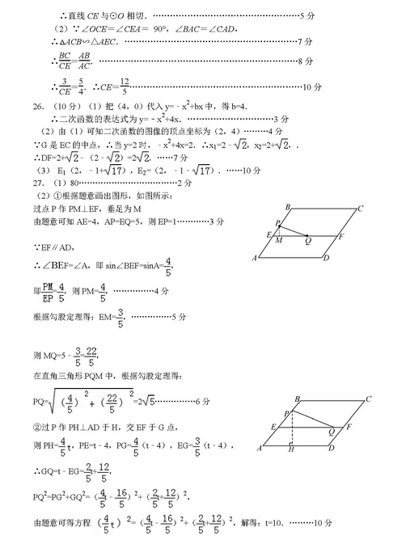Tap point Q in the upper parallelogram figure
coord(308,240)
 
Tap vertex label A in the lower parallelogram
coord(258,449)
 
